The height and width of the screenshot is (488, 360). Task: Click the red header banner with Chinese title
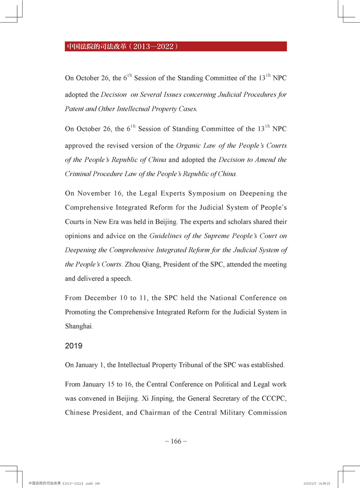[x=176, y=46]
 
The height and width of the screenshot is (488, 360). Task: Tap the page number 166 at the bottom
[x=176, y=441]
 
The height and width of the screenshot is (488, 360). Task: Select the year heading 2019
[x=74, y=346]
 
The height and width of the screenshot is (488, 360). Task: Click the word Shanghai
[x=79, y=326]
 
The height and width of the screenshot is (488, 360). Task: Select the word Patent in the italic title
[x=75, y=109]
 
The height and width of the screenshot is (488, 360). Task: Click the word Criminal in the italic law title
[x=78, y=174]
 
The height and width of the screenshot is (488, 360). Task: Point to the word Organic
[x=187, y=145]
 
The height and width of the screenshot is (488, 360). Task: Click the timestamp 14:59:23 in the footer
[x=324, y=483]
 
